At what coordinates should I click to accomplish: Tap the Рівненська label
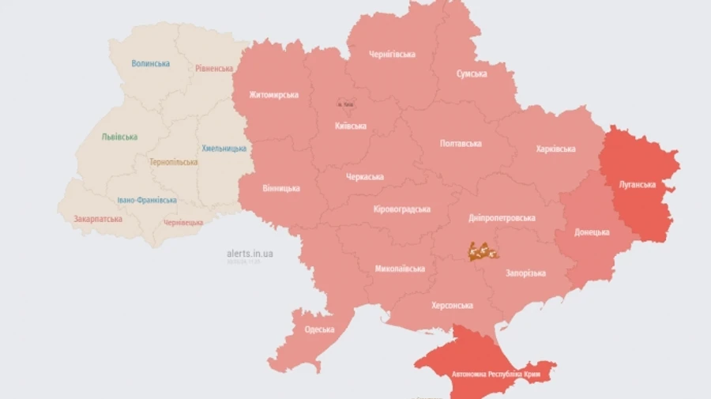click(213, 68)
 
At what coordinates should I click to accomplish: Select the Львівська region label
click(119, 137)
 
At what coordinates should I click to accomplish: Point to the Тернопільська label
click(174, 162)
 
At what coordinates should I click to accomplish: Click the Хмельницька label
click(224, 148)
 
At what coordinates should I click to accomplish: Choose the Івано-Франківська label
click(147, 201)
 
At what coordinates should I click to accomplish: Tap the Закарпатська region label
click(98, 219)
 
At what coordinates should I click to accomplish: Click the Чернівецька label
click(183, 223)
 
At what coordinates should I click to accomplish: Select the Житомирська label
click(273, 95)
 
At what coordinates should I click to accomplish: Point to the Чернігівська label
click(392, 54)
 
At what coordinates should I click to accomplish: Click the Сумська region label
click(472, 73)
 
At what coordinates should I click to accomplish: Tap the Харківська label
click(555, 149)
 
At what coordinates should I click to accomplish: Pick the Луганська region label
click(637, 184)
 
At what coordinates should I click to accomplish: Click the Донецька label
click(592, 232)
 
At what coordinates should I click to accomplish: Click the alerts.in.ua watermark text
click(250, 254)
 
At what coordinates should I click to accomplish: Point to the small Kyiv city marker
click(345, 104)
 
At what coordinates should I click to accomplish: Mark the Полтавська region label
click(461, 143)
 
